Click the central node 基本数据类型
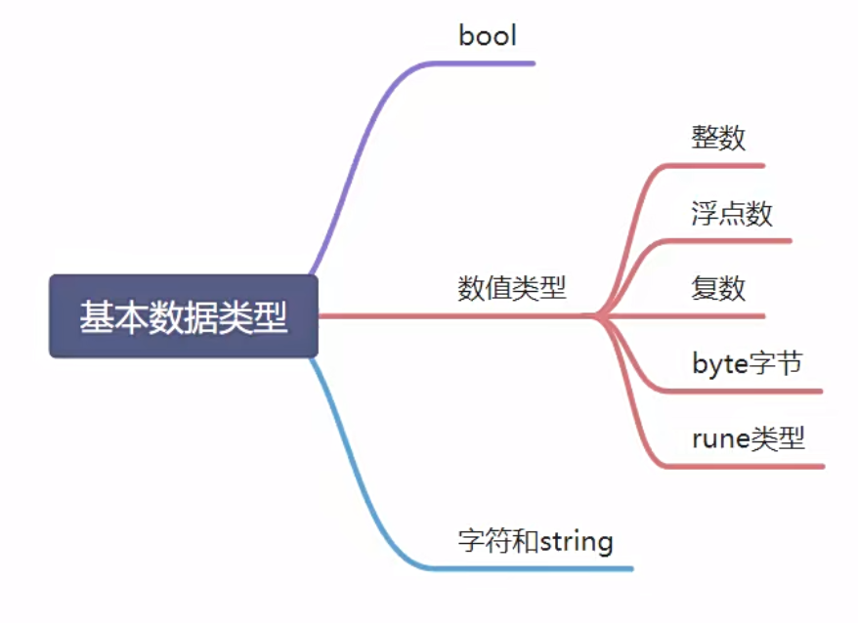184,316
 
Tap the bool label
487,36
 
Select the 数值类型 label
512,288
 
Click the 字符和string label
536,541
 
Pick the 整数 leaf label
718,138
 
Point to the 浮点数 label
732,213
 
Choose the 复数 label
718,288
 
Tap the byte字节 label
747,363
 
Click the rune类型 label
748,438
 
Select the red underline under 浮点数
728,240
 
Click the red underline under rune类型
745,467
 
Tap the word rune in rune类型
720,439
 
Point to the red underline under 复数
684,316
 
